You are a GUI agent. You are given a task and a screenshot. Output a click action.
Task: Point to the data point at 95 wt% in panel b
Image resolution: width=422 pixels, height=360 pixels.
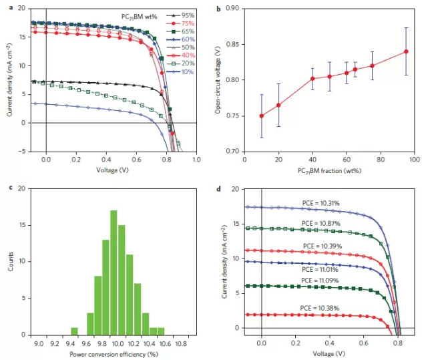pyautogui.click(x=406, y=51)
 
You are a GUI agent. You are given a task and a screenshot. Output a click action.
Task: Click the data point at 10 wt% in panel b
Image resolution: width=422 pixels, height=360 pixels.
pyautogui.click(x=243, y=116)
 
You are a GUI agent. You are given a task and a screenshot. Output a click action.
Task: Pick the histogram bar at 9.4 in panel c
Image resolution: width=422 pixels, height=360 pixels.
pyautogui.click(x=74, y=331)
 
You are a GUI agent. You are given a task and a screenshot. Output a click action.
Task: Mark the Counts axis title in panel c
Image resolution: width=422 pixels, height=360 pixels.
pyautogui.click(x=8, y=261)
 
